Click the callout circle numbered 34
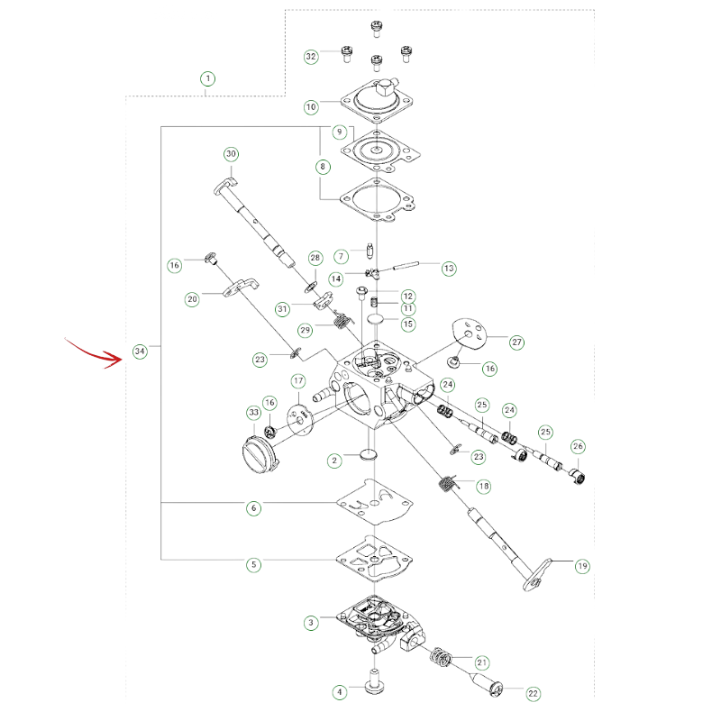[x=140, y=351]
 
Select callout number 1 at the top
[x=208, y=78]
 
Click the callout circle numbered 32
[x=311, y=57]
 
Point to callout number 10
[x=311, y=107]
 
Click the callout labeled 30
[x=232, y=154]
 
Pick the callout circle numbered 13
[x=449, y=268]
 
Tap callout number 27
[x=516, y=342]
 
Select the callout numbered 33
[x=254, y=413]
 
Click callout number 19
[x=582, y=566]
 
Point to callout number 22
[x=533, y=693]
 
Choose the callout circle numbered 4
[x=340, y=692]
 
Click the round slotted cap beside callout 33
[x=260, y=454]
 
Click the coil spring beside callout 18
[x=446, y=483]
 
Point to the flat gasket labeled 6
[x=375, y=502]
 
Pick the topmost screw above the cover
[x=377, y=30]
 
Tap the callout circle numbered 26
[x=578, y=446]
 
